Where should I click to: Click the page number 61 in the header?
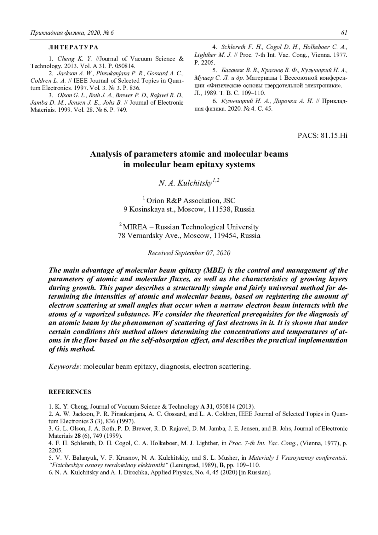click(x=344, y=33)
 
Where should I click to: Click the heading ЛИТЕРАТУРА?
click(x=73, y=47)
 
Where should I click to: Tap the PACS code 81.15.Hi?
click(x=334, y=135)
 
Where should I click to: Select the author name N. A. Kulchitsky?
click(x=186, y=183)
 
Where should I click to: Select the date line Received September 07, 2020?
click(x=189, y=253)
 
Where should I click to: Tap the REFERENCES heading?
click(x=70, y=392)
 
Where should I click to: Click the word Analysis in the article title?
click(x=104, y=154)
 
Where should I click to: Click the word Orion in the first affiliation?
click(x=157, y=201)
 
